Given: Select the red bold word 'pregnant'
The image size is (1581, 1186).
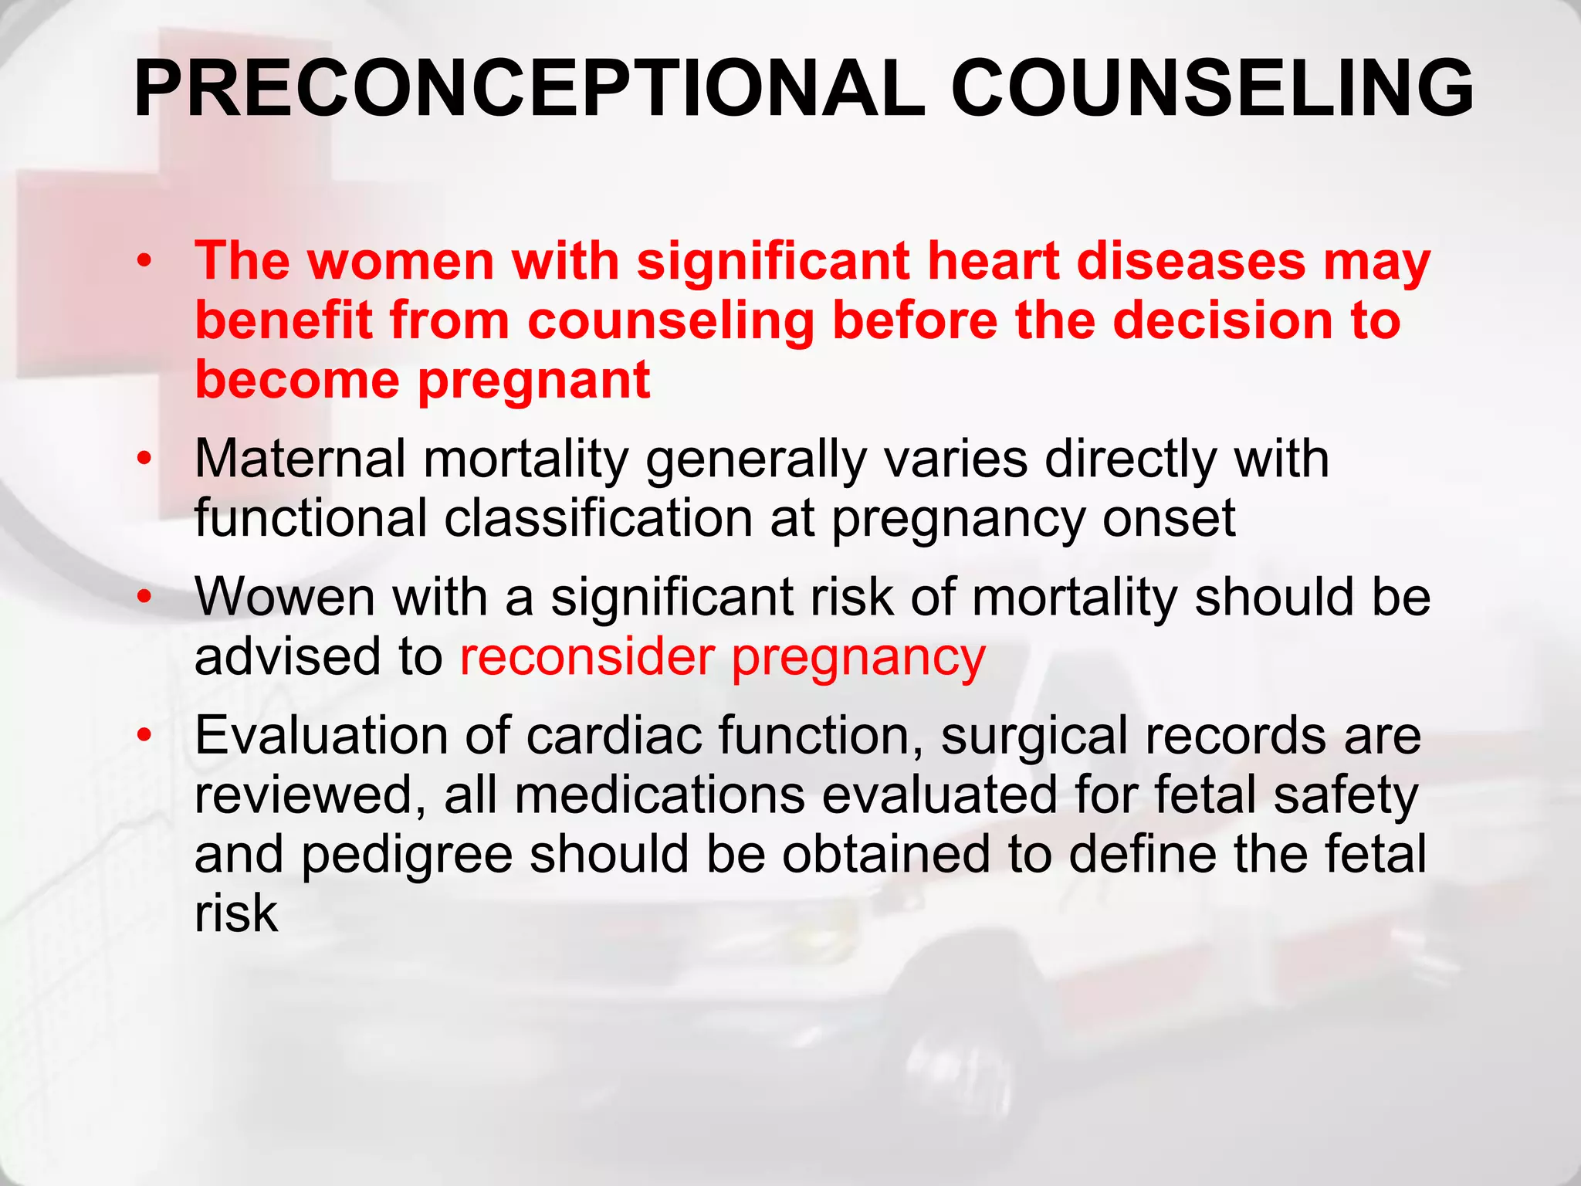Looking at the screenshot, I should pos(534,381).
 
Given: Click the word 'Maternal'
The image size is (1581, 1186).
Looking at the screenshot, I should pos(300,459).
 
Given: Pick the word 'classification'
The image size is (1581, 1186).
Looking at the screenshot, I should pos(598,518).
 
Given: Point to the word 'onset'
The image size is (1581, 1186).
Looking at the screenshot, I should pos(1169,518).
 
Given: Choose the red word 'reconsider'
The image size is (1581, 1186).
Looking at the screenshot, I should pos(587,657).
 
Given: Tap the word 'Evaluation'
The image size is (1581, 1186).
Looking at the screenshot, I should pos(320,735).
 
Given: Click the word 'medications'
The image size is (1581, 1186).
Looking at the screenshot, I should pos(659,795).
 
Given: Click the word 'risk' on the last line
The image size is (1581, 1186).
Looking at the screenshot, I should pos(235,913).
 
